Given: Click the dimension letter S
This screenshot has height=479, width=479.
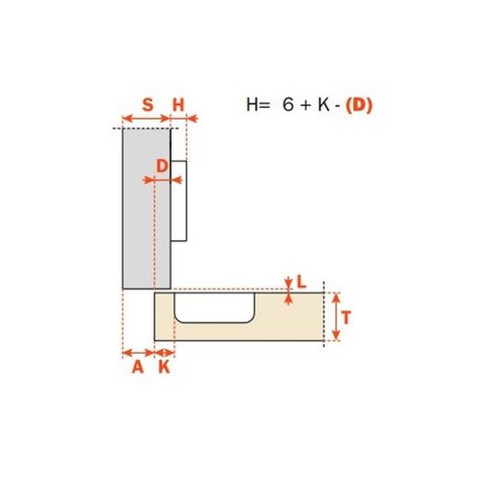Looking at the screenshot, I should tap(147, 104).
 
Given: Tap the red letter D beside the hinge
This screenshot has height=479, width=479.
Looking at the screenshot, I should tap(161, 167).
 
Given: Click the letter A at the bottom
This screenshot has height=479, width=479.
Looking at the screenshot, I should tap(138, 368).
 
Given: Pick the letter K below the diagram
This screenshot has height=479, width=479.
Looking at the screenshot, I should tap(164, 368).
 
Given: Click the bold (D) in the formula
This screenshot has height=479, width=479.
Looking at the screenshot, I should tap(359, 105).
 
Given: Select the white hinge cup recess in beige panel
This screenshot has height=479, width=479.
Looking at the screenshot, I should tap(214, 309).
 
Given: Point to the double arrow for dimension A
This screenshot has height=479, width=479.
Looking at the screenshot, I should tap(138, 351).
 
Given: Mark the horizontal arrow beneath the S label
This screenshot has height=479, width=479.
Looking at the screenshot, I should tap(147, 118).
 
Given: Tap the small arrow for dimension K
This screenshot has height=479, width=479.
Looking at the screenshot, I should tap(164, 351).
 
